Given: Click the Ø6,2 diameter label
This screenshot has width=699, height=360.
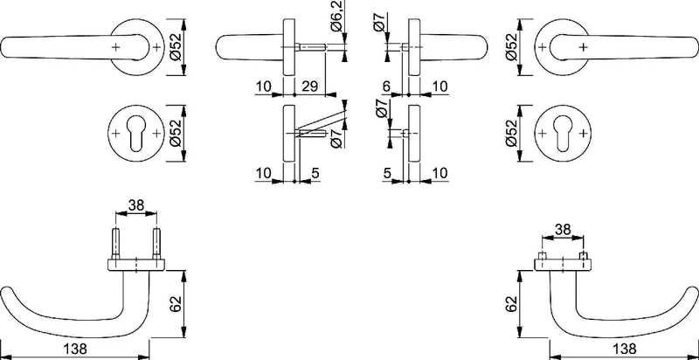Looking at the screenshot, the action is click(x=336, y=21).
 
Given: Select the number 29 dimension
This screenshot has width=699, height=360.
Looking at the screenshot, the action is click(x=309, y=87).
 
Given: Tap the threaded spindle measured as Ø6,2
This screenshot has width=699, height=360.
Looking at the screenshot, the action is click(x=311, y=46).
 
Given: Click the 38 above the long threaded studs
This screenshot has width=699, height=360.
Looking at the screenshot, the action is click(x=136, y=205).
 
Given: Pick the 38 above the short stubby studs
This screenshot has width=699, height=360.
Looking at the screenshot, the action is click(x=563, y=230).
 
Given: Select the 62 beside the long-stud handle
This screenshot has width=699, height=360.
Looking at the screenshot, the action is click(x=176, y=304).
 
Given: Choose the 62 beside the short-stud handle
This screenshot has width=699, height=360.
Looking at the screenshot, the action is click(x=511, y=304).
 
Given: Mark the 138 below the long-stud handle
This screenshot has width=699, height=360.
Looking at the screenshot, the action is click(x=76, y=348).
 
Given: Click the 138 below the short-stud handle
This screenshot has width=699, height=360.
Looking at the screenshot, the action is click(x=625, y=348).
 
